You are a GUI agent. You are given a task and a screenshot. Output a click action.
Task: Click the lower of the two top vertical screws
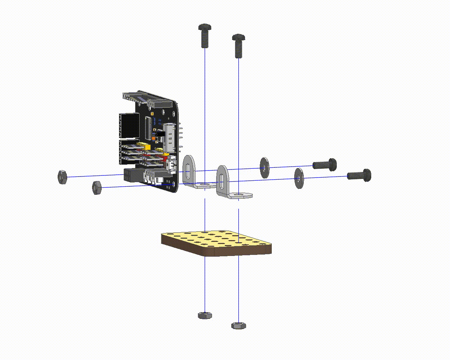pyautogui.click(x=239, y=46)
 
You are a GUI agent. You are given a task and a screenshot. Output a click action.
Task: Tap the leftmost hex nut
pyautogui.click(x=62, y=176)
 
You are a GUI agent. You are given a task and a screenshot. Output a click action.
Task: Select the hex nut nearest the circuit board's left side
pyautogui.click(x=96, y=187)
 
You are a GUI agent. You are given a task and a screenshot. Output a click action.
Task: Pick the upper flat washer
pyautogui.click(x=264, y=167)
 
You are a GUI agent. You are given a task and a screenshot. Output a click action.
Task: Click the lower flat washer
pyautogui.click(x=298, y=178)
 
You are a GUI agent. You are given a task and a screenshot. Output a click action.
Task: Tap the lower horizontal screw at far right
pyautogui.click(x=359, y=175)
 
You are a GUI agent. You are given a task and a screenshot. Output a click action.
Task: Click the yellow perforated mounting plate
pyautogui.click(x=216, y=243)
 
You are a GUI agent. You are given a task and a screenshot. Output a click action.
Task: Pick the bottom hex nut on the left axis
pyautogui.click(x=205, y=315)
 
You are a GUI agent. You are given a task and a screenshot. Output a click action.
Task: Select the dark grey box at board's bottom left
pyautogui.click(x=133, y=175)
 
